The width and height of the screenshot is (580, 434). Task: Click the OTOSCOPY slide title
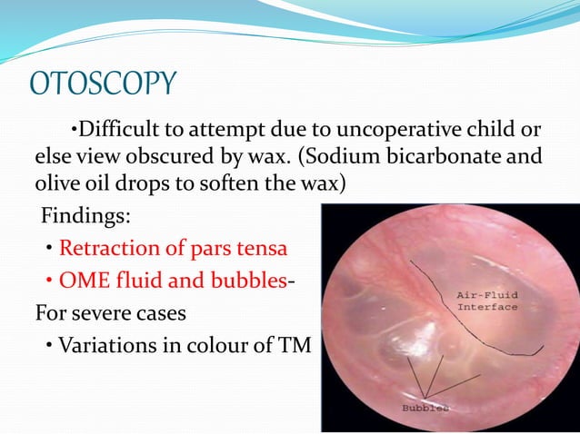coord(102,84)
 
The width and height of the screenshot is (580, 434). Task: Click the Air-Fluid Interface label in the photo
coord(486,300)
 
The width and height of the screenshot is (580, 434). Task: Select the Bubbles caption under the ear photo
coord(425,408)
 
